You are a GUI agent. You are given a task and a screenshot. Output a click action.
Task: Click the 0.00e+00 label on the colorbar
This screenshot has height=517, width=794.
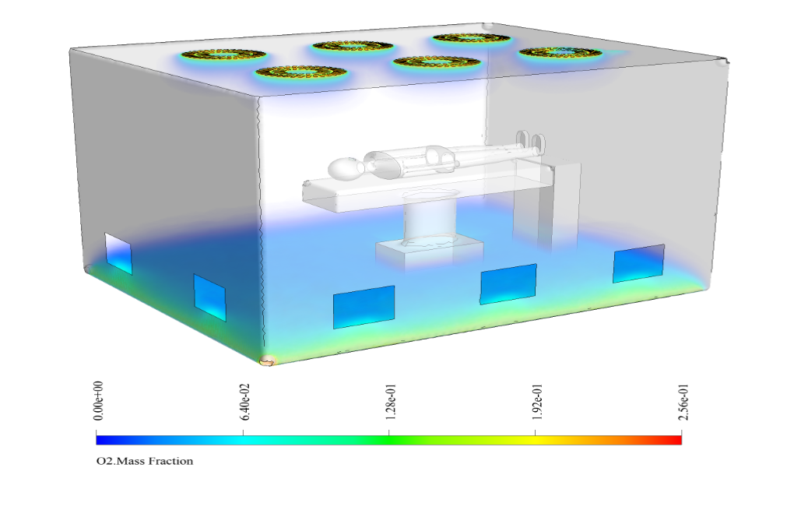[x=99, y=401]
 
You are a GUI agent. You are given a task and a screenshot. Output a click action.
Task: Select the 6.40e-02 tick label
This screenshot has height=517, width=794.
[x=245, y=402]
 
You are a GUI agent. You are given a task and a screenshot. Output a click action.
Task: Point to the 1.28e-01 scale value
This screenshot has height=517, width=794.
[x=391, y=403]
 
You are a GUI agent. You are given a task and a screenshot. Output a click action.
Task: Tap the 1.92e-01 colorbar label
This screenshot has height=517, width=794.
[x=537, y=403]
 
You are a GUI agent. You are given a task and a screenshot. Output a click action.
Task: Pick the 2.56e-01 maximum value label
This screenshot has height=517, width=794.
[x=683, y=403]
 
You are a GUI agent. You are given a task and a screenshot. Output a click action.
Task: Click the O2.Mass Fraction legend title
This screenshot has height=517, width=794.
[x=145, y=461]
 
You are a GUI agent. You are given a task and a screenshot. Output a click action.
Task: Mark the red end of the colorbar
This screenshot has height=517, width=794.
[x=677, y=440]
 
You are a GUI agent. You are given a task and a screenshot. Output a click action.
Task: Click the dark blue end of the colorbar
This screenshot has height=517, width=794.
[x=101, y=440]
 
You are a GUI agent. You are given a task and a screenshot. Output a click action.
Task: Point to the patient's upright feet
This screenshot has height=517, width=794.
[x=531, y=141]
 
